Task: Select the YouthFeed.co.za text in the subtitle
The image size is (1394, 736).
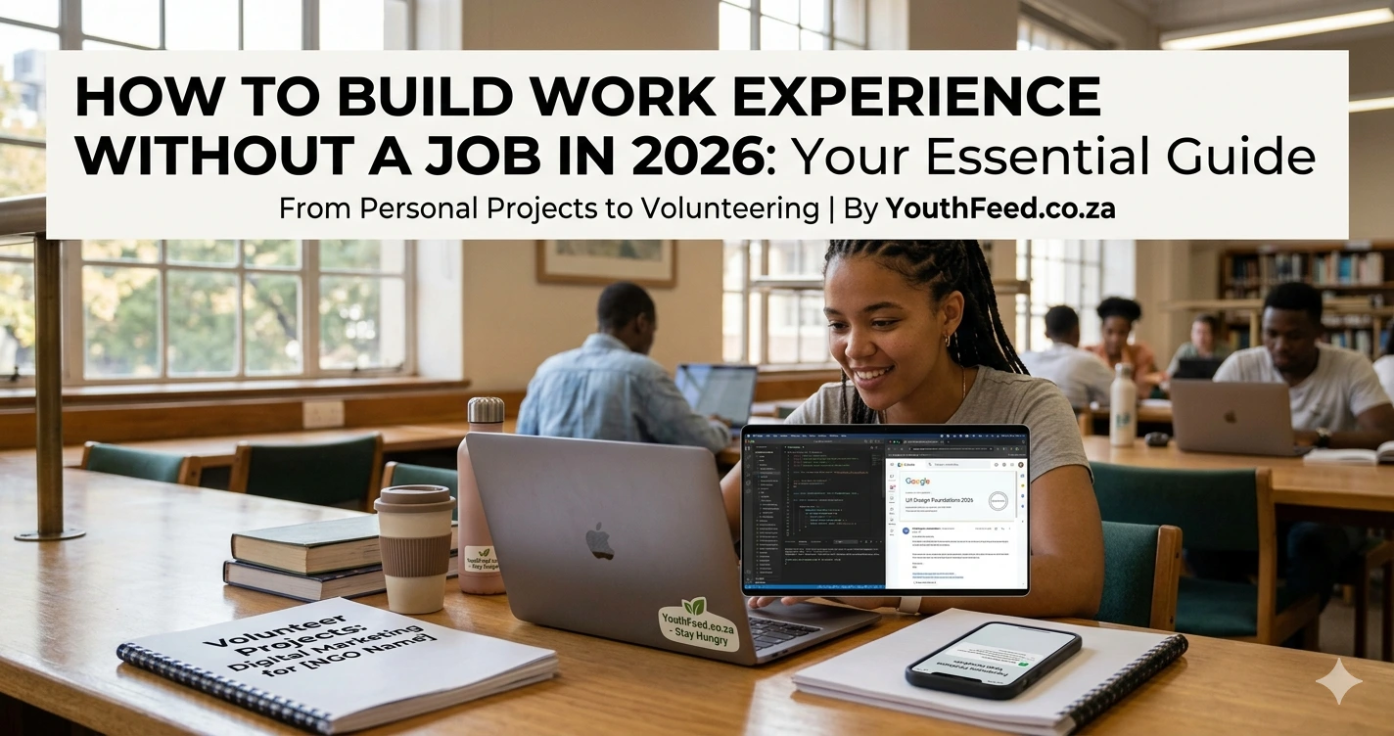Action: coord(1000,208)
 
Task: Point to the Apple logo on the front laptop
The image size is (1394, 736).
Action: coord(598,540)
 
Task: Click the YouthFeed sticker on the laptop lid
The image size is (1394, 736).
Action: coord(699,624)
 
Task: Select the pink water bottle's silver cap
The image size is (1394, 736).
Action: coord(486,410)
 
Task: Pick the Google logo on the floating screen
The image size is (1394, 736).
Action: coord(917,482)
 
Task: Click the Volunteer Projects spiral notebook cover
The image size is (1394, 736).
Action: coord(333,656)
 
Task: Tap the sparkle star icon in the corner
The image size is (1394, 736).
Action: coord(1338,681)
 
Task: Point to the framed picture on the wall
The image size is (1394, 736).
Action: coord(605,262)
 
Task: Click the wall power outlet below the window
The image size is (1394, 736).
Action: coord(322,414)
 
